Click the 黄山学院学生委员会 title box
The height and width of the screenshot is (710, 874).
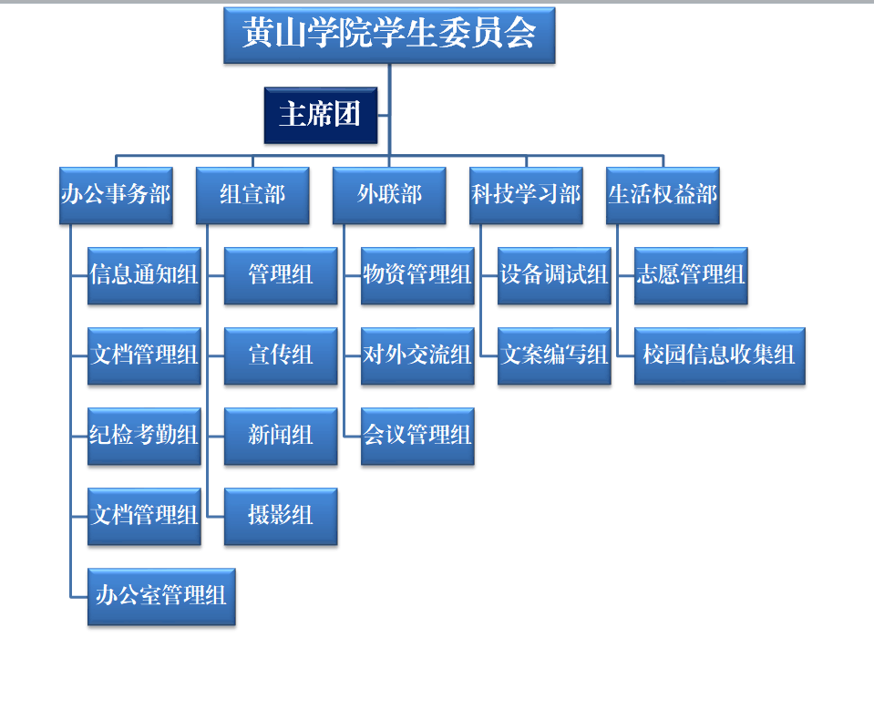click(389, 36)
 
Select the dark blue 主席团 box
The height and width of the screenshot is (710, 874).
click(321, 116)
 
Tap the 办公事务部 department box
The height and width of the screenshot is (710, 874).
click(116, 196)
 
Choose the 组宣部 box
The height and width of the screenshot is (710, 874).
click(252, 196)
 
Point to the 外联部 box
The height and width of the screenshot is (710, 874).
click(389, 196)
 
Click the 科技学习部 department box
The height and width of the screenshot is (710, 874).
click(526, 196)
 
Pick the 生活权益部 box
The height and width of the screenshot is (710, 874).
click(663, 196)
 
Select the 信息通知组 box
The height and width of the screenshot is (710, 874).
click(144, 276)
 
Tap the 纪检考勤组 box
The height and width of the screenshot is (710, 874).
click(144, 437)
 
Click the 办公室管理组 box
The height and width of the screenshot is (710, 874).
click(161, 597)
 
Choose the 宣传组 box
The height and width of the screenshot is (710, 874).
click(281, 356)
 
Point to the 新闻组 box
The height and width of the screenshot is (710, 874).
click(281, 437)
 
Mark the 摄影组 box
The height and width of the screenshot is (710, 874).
click(281, 517)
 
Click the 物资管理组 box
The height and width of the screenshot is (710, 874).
click(417, 276)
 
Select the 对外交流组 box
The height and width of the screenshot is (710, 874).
click(417, 356)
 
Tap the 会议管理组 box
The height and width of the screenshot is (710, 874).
click(417, 437)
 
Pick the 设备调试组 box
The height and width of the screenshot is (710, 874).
click(555, 276)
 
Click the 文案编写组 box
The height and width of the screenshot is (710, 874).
click(555, 356)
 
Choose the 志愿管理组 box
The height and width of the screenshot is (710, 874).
click(691, 276)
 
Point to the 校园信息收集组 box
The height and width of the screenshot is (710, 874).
click(720, 356)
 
